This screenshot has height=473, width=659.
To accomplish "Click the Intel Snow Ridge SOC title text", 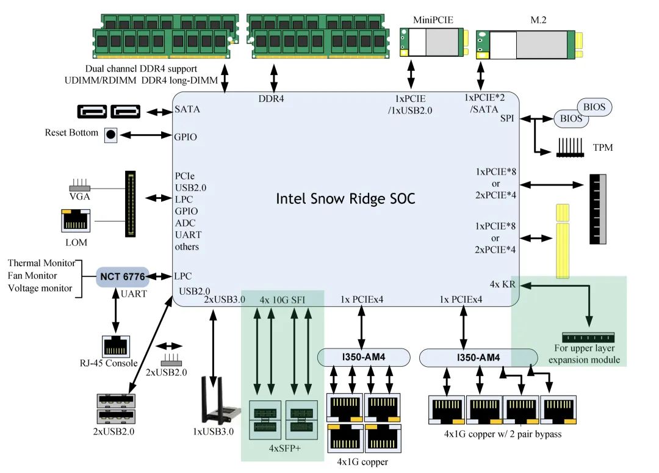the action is [345, 198].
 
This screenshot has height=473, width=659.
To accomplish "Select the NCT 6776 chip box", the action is [122, 276].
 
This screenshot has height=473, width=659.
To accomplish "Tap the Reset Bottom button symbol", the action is [110, 134].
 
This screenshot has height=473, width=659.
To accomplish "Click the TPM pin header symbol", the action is [570, 148].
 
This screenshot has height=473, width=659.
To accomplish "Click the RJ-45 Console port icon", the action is [115, 347].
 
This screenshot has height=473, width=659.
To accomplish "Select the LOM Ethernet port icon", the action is [76, 221].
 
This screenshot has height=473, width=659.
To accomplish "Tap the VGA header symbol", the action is [79, 185].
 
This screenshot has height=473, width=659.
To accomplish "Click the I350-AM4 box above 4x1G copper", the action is [364, 358].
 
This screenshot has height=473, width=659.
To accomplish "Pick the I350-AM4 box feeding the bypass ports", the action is [478, 358].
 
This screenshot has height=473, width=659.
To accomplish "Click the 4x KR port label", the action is [502, 284].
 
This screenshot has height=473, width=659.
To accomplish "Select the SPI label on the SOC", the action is [507, 118].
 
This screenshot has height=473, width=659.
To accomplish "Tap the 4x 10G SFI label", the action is [282, 300].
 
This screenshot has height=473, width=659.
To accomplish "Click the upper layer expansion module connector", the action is [588, 337].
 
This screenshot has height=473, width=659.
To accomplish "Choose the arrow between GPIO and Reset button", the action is [146, 135].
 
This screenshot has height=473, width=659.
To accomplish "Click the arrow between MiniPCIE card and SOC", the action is [411, 74].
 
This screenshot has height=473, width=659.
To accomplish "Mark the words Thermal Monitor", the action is [41, 263].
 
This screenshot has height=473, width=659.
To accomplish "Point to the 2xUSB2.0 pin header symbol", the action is [171, 359].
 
